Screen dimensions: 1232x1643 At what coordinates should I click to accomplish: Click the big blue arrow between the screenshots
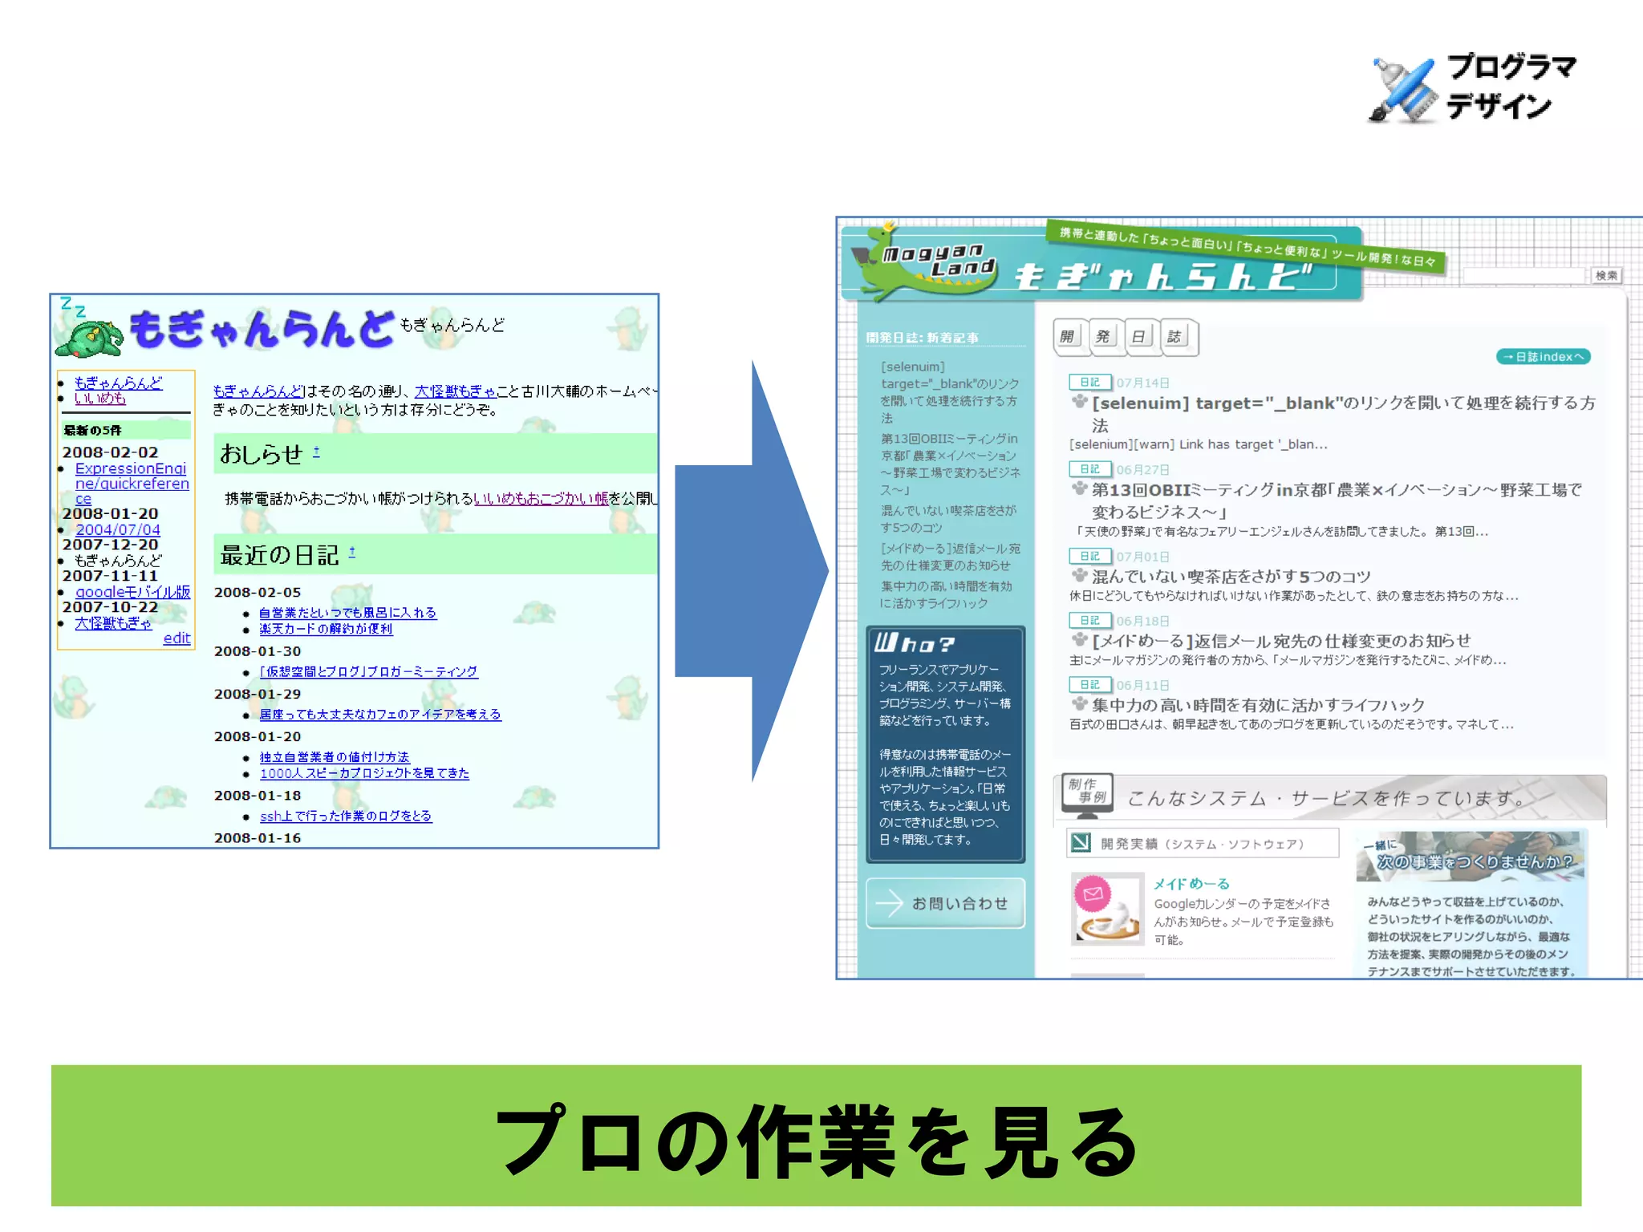tap(750, 571)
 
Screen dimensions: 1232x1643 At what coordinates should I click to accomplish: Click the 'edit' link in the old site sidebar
tap(176, 638)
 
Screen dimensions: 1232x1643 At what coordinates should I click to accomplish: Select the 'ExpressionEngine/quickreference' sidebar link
tap(132, 483)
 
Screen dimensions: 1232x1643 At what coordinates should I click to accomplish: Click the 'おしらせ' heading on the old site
tap(261, 454)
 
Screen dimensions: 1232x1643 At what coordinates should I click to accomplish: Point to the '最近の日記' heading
tap(279, 555)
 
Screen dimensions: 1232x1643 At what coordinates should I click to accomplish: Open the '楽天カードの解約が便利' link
tap(326, 629)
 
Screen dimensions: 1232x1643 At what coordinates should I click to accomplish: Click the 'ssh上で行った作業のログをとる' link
tap(345, 816)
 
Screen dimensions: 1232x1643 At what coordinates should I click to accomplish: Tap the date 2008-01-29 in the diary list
tap(258, 694)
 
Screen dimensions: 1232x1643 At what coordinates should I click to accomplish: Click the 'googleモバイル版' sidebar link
tap(132, 592)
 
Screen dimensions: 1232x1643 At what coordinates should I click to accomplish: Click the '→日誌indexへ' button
tap(1543, 357)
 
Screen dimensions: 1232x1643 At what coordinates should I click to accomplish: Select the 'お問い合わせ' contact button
tap(945, 903)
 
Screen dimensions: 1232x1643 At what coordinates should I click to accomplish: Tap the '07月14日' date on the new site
tap(1142, 383)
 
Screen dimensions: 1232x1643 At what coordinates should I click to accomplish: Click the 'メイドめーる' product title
tap(1191, 884)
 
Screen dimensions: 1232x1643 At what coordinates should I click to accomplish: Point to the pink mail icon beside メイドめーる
tap(1093, 894)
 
